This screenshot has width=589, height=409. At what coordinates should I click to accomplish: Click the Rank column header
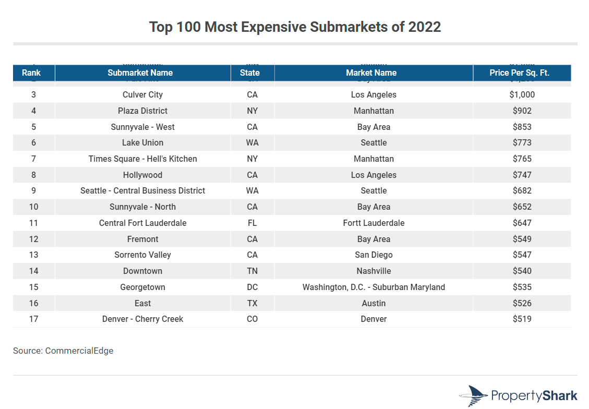click(x=31, y=73)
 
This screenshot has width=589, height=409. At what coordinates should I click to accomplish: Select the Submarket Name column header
click(x=140, y=73)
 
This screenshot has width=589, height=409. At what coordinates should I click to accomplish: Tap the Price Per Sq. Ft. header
click(x=519, y=73)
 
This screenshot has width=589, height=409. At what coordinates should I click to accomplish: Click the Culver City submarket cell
click(x=142, y=95)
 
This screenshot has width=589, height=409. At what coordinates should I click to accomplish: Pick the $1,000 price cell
click(x=522, y=95)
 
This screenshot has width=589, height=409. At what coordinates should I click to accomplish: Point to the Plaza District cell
click(x=142, y=111)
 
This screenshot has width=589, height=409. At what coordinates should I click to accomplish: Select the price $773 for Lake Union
click(x=522, y=142)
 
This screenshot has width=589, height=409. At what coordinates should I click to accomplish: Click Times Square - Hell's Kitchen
click(x=142, y=159)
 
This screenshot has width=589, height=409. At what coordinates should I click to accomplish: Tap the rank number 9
click(x=33, y=191)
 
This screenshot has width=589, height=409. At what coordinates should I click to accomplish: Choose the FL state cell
click(x=252, y=223)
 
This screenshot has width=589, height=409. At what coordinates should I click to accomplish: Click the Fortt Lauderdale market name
click(x=374, y=223)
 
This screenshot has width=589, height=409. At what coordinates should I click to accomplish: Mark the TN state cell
click(x=252, y=271)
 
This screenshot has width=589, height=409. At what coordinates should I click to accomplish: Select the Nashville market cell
click(x=374, y=271)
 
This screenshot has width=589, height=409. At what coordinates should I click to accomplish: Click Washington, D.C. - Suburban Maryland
click(x=374, y=287)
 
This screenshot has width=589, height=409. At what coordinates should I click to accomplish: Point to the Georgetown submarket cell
click(x=142, y=287)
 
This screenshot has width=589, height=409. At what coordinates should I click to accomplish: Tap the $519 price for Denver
click(x=522, y=319)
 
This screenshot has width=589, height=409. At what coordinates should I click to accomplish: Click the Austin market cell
click(x=374, y=303)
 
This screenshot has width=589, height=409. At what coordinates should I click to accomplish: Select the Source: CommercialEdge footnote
click(x=63, y=351)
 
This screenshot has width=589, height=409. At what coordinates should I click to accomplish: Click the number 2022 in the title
click(x=425, y=27)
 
